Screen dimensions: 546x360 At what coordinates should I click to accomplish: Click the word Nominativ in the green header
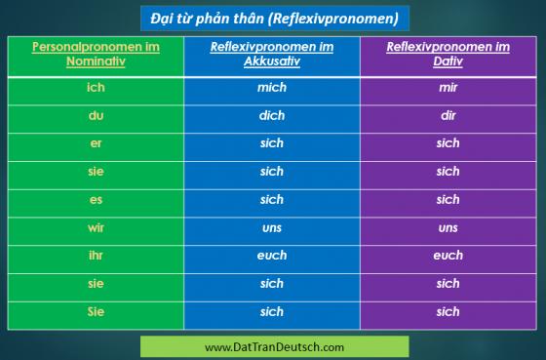tap(96, 61)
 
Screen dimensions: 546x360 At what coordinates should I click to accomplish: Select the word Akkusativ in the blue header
tap(272, 61)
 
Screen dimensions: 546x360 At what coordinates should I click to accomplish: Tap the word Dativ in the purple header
tap(448, 61)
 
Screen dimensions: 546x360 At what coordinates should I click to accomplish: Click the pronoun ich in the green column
tap(96, 87)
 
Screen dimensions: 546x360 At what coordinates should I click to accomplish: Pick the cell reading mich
tap(272, 87)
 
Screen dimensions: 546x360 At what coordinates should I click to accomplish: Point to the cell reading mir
tap(448, 87)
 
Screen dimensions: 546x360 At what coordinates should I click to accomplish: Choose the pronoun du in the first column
tap(96, 115)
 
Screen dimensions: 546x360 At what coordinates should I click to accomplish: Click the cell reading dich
tap(272, 115)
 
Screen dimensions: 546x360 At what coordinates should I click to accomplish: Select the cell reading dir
tap(448, 115)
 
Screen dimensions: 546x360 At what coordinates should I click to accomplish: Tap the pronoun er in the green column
tap(96, 143)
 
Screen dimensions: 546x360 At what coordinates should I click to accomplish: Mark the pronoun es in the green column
tap(96, 200)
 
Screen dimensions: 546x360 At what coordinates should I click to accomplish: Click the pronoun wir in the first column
tap(96, 228)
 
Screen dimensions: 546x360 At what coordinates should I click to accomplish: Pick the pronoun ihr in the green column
tap(96, 256)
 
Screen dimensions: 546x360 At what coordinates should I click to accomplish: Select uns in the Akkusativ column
tap(272, 228)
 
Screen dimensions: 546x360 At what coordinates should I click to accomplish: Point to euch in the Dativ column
tap(448, 256)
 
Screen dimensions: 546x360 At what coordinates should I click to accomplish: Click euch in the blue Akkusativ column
tap(272, 256)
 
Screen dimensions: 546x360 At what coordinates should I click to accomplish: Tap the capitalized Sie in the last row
tap(96, 311)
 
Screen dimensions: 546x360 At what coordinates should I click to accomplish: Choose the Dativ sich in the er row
tap(448, 143)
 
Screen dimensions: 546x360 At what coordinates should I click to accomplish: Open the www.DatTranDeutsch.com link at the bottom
tap(274, 347)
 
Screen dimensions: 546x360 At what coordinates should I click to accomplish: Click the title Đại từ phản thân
tap(208, 19)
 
